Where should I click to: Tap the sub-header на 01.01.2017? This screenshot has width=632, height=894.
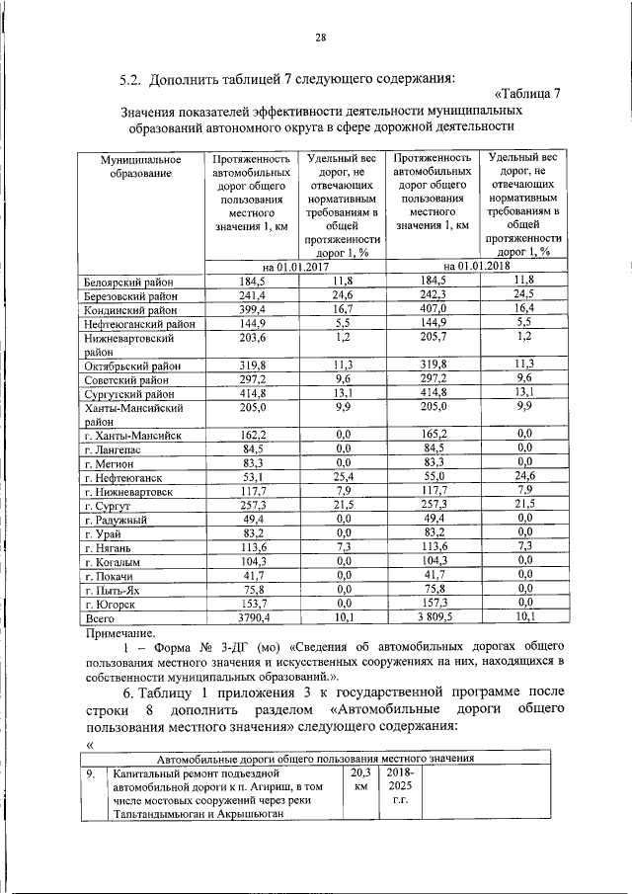click(x=295, y=267)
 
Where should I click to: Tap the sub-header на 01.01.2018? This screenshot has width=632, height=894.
click(x=476, y=267)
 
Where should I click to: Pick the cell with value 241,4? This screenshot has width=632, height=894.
click(x=254, y=295)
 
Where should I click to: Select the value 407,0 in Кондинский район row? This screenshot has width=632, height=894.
click(x=434, y=309)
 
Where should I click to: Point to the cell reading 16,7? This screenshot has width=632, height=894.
click(x=344, y=309)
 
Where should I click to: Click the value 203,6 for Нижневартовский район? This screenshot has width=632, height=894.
click(x=254, y=338)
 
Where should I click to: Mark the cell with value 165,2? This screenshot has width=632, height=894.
click(x=434, y=434)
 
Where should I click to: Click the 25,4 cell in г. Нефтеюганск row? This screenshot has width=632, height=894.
click(x=344, y=477)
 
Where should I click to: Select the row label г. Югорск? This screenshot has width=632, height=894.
click(x=113, y=604)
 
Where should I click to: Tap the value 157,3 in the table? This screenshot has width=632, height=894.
click(x=434, y=604)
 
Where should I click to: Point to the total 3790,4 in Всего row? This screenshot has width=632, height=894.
click(x=254, y=618)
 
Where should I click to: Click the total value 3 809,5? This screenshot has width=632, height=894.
click(x=434, y=618)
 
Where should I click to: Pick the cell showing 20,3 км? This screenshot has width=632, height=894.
click(x=359, y=780)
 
